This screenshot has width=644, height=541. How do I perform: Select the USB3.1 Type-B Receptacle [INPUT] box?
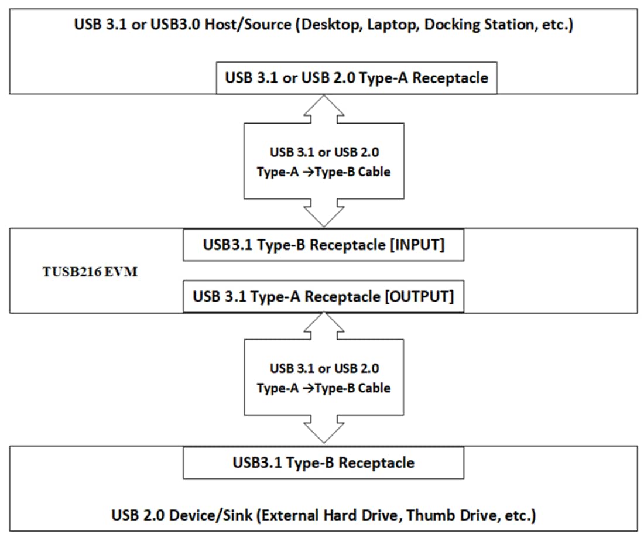(x=324, y=245)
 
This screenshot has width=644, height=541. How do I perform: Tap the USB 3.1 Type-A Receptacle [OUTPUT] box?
(x=323, y=296)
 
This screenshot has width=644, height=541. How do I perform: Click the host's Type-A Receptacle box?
(x=357, y=78)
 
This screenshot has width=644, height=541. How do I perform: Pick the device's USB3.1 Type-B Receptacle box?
(x=324, y=463)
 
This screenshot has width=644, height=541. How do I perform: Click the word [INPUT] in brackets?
(x=416, y=245)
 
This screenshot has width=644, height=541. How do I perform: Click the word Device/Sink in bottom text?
(x=201, y=516)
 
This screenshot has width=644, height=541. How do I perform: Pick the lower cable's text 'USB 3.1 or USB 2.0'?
(x=324, y=369)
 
